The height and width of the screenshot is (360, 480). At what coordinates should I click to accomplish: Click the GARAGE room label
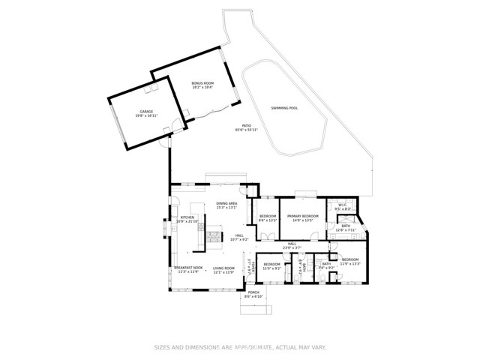136,112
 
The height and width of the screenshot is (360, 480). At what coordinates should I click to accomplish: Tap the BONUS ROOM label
202,82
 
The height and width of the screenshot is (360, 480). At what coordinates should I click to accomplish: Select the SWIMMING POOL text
284,108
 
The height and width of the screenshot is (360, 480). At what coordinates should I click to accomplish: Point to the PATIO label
246,126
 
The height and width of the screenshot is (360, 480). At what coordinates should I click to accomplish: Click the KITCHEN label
187,217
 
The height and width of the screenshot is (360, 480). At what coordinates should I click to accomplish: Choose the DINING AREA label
227,203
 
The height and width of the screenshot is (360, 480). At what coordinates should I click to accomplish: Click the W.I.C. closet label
342,205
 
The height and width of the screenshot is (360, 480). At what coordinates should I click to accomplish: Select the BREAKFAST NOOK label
188,268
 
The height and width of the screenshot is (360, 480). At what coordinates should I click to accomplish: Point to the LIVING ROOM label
223,268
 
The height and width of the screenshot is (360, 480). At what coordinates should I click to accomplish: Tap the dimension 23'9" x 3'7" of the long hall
292,247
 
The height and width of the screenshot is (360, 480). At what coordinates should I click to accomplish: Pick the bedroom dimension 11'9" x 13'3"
351,264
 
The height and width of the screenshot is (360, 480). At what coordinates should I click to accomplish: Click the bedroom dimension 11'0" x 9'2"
271,268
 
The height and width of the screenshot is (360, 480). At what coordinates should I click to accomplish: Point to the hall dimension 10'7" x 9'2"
239,240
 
